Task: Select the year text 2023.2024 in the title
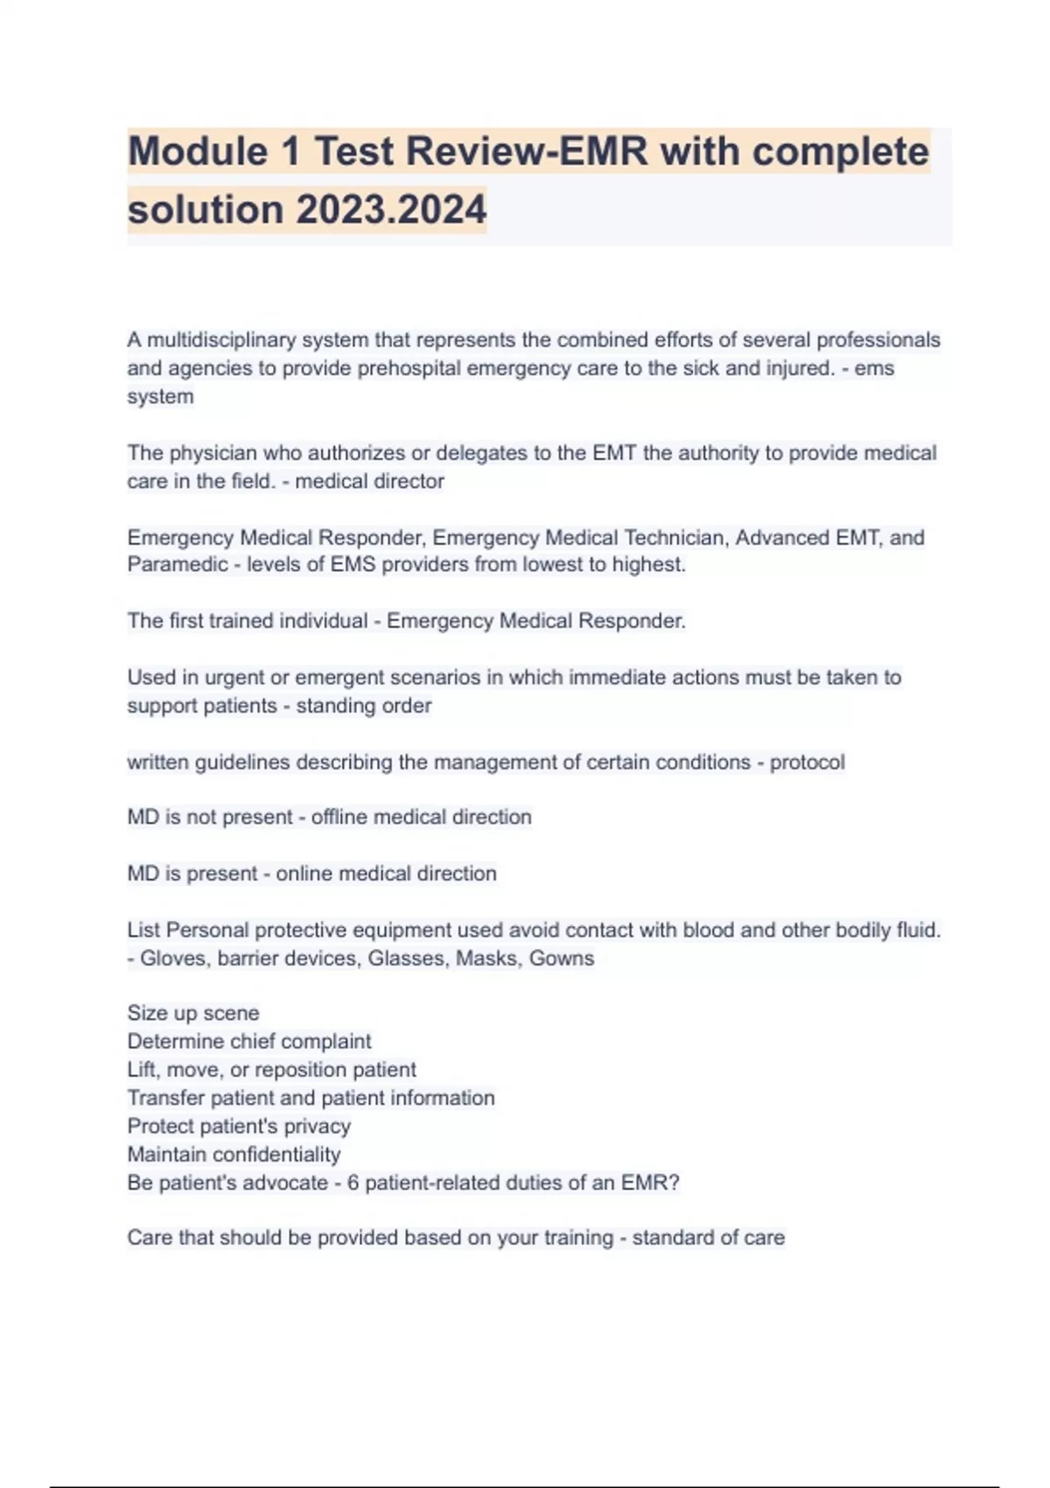click(x=391, y=210)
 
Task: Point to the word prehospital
click(x=409, y=368)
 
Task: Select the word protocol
click(x=807, y=762)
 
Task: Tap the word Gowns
click(x=561, y=958)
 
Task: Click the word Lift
click(x=143, y=1070)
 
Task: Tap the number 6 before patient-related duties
click(x=353, y=1183)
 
